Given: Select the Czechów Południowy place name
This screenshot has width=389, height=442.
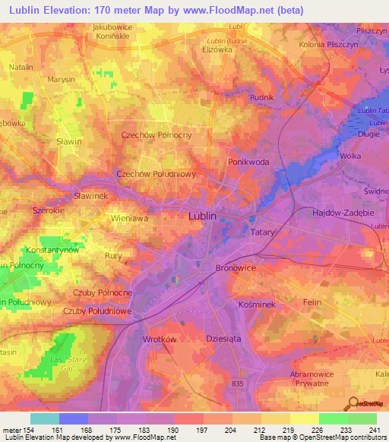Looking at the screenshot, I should (x=157, y=174).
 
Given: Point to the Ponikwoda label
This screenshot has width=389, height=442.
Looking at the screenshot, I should (x=250, y=163).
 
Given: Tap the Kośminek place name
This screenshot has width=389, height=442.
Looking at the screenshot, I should (x=256, y=303).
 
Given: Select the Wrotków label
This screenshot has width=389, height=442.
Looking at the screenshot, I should (x=160, y=339).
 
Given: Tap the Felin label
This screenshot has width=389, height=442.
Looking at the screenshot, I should (x=313, y=302).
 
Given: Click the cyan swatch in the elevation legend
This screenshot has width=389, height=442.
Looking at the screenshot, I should (x=45, y=418).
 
